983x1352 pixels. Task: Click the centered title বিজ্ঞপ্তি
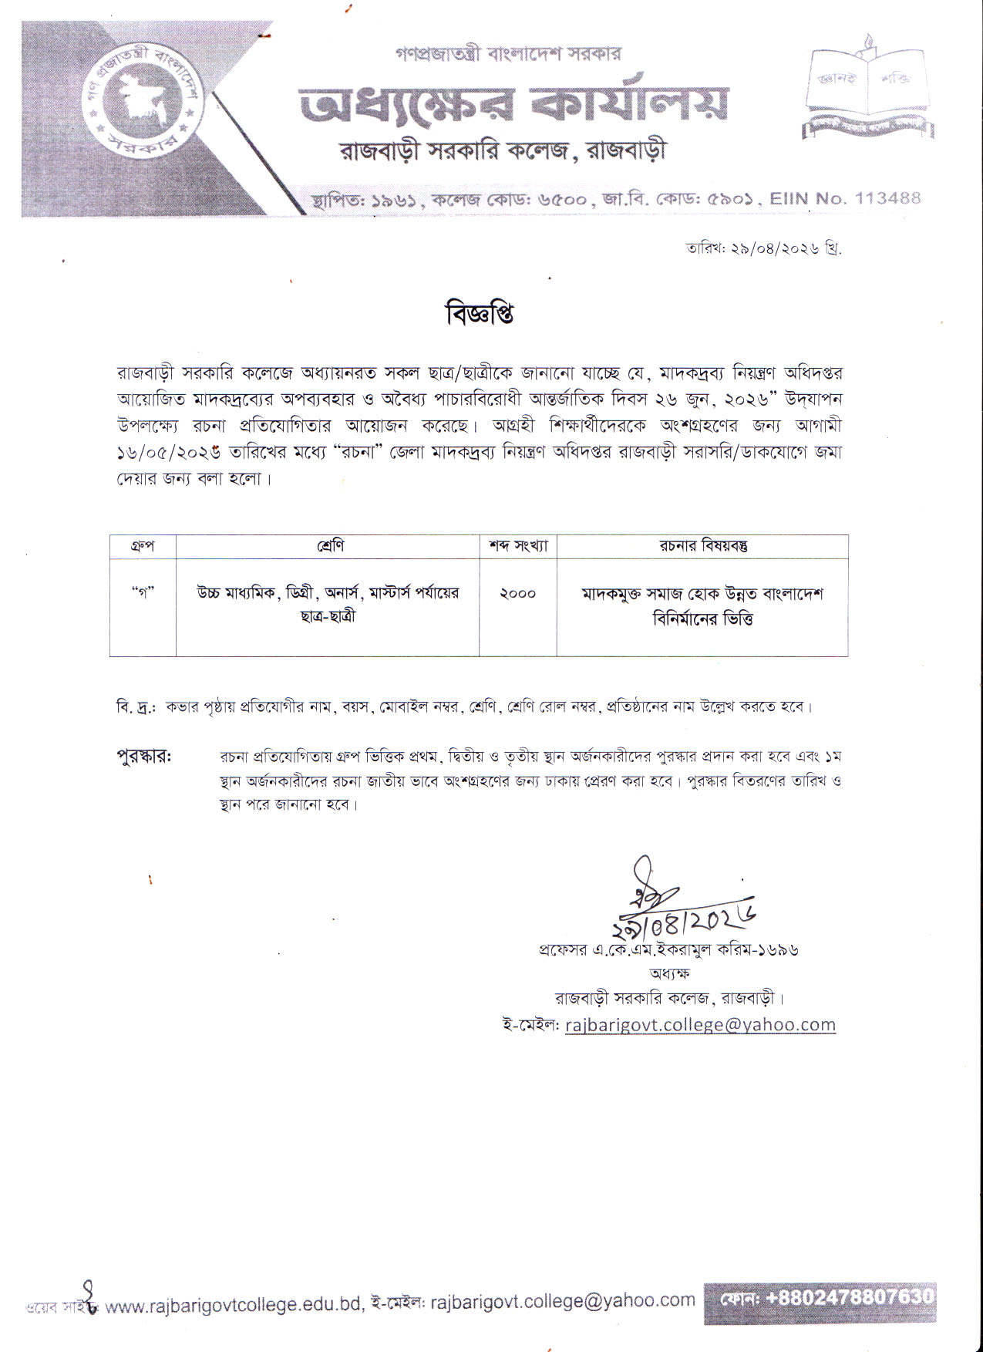click(480, 315)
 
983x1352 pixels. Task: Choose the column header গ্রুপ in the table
click(143, 547)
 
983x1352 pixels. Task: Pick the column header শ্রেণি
click(328, 547)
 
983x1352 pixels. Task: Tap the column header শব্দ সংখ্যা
click(518, 547)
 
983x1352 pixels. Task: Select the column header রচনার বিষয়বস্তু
click(702, 547)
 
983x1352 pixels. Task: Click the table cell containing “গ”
click(143, 594)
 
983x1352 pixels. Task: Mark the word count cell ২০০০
click(517, 594)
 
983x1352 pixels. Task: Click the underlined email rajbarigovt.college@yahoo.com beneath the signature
click(699, 1024)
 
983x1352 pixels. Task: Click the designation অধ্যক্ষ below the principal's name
click(668, 973)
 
